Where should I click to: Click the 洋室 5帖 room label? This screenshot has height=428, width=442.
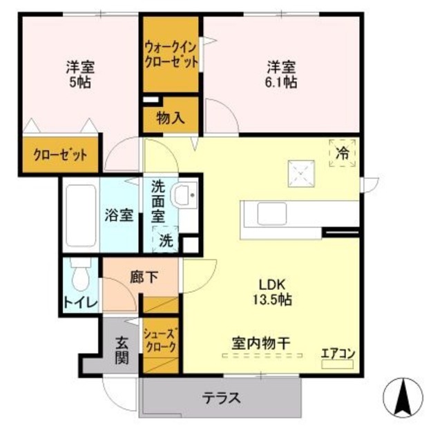coord(80,75)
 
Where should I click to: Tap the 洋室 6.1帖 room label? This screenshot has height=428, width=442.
coord(282,75)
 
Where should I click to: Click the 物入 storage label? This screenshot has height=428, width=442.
coord(171,117)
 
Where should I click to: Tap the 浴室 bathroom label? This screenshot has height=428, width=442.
coord(119,215)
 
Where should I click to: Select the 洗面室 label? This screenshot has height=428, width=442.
coord(160,200)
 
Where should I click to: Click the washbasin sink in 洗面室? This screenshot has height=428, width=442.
coord(184,197)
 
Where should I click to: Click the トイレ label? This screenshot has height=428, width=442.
coord(81,302)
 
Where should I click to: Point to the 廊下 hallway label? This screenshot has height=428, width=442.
coord(144,278)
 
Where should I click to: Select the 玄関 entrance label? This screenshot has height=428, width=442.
coord(122,349)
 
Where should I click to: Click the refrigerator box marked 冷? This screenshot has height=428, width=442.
coord(342,153)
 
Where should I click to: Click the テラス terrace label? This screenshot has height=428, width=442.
coord(221,398)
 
